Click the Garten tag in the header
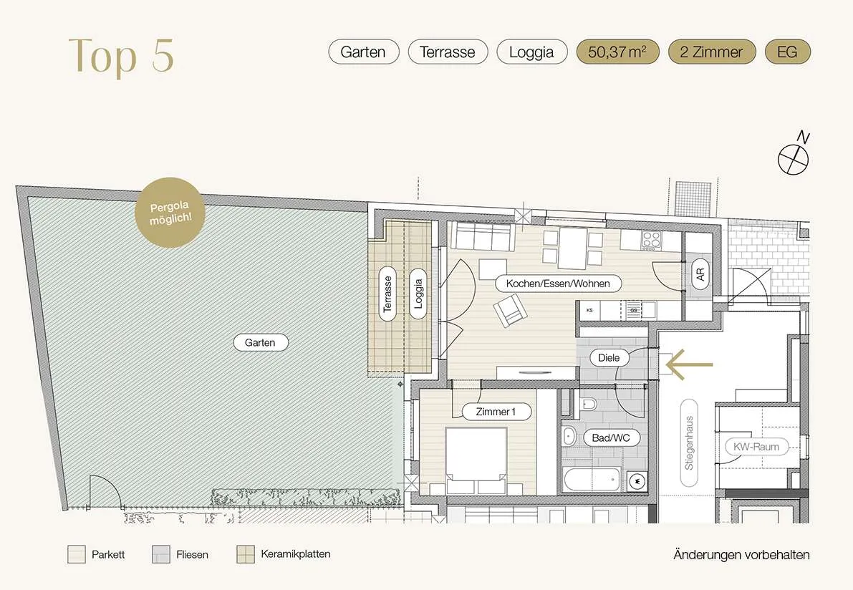pyautogui.click(x=363, y=52)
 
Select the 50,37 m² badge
pyautogui.click(x=617, y=52)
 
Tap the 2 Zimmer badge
pyautogui.click(x=712, y=52)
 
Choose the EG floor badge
pyautogui.click(x=787, y=52)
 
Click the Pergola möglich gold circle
pyautogui.click(x=170, y=213)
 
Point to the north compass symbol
pyautogui.click(x=794, y=155)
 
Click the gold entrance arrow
pyautogui.click(x=689, y=364)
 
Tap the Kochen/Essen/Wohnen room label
pyautogui.click(x=558, y=284)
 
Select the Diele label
pyautogui.click(x=609, y=358)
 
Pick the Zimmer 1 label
pyautogui.click(x=496, y=412)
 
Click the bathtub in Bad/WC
pyautogui.click(x=593, y=479)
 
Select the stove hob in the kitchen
pyautogui.click(x=651, y=241)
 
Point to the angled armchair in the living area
pyautogui.click(x=510, y=310)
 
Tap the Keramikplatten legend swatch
pyautogui.click(x=246, y=555)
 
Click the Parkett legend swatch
pyautogui.click(x=76, y=555)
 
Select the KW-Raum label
pyautogui.click(x=756, y=447)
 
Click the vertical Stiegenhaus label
pyautogui.click(x=689, y=442)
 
